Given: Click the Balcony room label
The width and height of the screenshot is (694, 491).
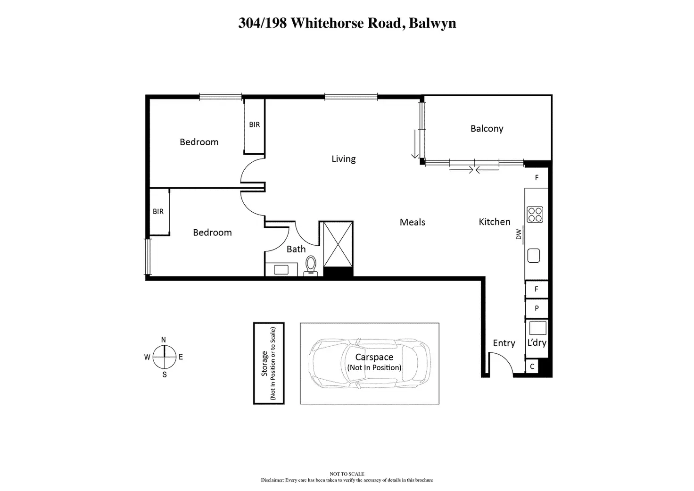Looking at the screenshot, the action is pyautogui.click(x=487, y=129).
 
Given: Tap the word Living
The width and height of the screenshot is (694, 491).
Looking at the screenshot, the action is pyautogui.click(x=343, y=159).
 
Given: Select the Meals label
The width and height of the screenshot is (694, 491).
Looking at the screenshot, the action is pyautogui.click(x=412, y=222).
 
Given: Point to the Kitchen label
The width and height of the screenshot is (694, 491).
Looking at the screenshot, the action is pyautogui.click(x=494, y=222).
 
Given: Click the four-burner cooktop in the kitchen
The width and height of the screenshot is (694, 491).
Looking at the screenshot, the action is pyautogui.click(x=535, y=215).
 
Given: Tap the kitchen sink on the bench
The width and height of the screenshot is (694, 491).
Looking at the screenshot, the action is pyautogui.click(x=533, y=256).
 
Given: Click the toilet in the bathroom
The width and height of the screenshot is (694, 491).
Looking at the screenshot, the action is pyautogui.click(x=311, y=266).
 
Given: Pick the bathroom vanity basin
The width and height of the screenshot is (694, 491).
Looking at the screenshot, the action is pyautogui.click(x=281, y=270).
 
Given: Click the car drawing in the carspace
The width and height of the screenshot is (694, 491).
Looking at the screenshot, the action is pyautogui.click(x=369, y=363).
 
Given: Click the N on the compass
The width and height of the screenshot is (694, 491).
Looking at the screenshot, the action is pyautogui.click(x=164, y=340).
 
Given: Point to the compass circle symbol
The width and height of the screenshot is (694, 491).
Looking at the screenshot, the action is pyautogui.click(x=164, y=357).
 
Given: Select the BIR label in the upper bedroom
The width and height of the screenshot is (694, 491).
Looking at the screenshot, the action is pyautogui.click(x=254, y=125).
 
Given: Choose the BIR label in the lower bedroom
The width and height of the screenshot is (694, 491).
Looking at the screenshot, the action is pyautogui.click(x=158, y=212).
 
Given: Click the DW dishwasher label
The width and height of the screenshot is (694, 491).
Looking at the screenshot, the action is pyautogui.click(x=519, y=234).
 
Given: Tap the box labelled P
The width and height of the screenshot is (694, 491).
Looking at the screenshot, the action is pyautogui.click(x=537, y=308).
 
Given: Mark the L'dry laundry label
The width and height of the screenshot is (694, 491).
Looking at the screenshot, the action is pyautogui.click(x=537, y=343).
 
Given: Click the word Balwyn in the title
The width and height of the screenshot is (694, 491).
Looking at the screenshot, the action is pyautogui.click(x=432, y=24).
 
